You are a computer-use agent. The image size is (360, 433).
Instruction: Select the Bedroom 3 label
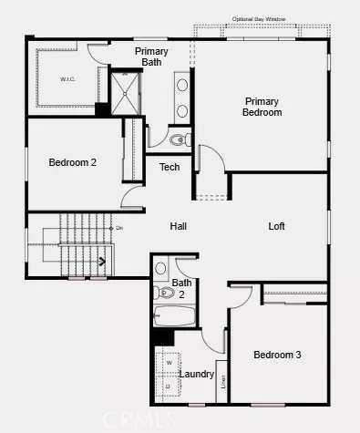click(277, 355)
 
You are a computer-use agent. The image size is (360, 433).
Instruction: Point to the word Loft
click(278, 226)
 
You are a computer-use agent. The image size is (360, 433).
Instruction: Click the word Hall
click(179, 226)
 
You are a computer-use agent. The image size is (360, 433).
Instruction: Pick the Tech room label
click(170, 167)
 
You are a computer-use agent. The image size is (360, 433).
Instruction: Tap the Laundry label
click(197, 374)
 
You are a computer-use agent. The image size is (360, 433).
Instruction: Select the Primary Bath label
click(151, 57)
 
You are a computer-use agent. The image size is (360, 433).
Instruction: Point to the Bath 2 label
click(181, 288)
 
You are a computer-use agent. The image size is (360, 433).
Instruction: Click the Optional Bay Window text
click(259, 18)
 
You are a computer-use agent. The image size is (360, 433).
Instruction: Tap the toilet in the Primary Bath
click(180, 140)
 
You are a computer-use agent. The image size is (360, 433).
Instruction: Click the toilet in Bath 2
click(161, 269)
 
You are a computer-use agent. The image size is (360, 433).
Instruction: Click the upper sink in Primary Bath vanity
click(181, 87)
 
